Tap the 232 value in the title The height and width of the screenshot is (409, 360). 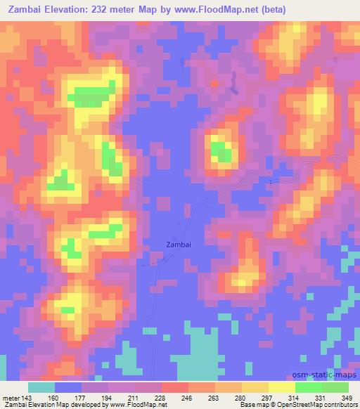[x=120, y=8]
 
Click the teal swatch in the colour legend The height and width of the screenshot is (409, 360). [x=41, y=387]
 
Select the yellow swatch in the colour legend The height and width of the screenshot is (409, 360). [x=282, y=387]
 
